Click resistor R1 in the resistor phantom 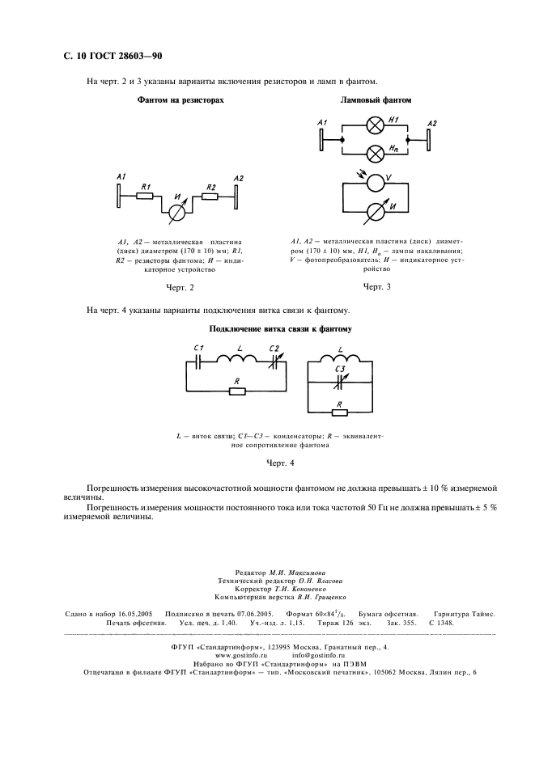tap(146, 195)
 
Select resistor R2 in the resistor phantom tap(210, 195)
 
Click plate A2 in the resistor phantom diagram tap(237, 195)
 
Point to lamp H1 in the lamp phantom tap(376, 125)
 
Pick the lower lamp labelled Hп tap(376, 153)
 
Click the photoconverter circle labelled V tap(376, 183)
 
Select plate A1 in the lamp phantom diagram tap(322, 138)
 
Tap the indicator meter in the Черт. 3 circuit tap(376, 213)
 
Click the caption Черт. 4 tap(281, 463)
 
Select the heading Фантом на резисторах tap(180, 100)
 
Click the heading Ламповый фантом tap(376, 100)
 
